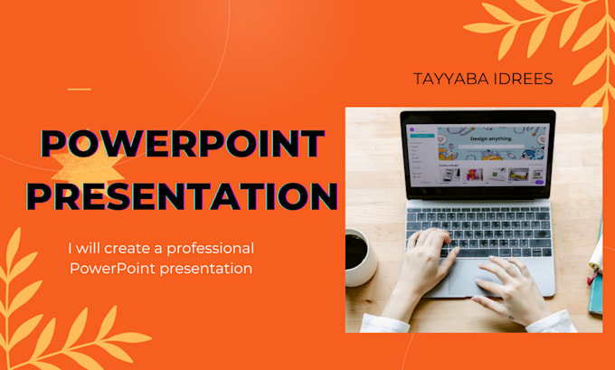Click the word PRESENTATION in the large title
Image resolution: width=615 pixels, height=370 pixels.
pos(181,195)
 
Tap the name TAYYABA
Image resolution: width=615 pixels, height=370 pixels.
pos(446,80)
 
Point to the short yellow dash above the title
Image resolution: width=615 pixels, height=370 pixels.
pos(80,89)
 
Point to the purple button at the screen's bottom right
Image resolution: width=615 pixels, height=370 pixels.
pos(540,182)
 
